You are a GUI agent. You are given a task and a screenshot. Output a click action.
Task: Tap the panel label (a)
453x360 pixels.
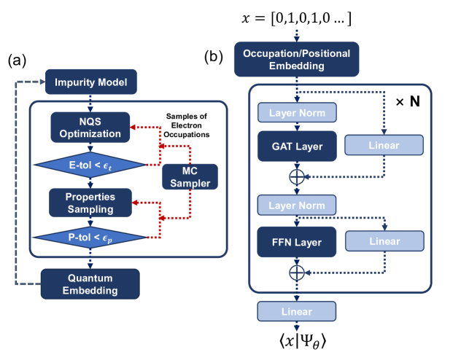(x=18, y=61)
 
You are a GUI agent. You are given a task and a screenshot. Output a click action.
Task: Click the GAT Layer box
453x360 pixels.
(x=296, y=146)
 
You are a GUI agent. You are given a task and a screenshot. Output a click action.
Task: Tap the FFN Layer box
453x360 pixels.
(x=296, y=241)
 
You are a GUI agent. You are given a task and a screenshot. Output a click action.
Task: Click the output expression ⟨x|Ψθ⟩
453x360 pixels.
(x=296, y=340)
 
